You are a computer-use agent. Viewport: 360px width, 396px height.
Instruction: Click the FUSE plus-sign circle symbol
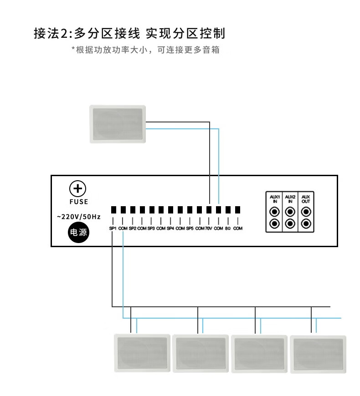[x=77, y=188]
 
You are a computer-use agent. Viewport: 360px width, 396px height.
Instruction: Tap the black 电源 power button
[x=78, y=232]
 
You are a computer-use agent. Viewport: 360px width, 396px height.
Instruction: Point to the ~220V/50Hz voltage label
[x=79, y=217]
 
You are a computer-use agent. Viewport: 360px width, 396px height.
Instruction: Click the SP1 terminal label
[x=113, y=228]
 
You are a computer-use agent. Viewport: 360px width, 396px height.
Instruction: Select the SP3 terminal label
[x=151, y=228]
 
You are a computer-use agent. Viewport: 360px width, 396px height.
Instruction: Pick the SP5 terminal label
[x=190, y=228]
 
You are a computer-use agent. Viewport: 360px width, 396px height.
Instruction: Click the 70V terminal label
[x=209, y=228]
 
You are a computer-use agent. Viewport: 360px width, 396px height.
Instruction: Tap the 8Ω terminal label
[x=228, y=228]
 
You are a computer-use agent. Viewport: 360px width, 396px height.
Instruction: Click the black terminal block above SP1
[x=113, y=210]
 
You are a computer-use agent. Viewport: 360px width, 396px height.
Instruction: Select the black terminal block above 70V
[x=209, y=210]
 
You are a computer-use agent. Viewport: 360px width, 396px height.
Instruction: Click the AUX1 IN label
[x=275, y=199]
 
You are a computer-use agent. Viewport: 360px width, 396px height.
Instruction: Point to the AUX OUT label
[x=306, y=199]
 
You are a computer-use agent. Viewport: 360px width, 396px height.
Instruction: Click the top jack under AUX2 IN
[x=290, y=212]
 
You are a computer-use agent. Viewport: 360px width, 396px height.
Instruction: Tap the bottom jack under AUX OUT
[x=306, y=223]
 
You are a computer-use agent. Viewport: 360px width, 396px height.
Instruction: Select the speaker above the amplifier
[x=118, y=124]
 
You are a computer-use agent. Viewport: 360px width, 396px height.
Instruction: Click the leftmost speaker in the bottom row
[x=142, y=353]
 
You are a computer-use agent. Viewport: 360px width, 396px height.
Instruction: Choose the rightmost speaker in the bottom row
[x=318, y=354]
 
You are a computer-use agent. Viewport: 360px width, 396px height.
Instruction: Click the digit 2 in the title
[x=63, y=34]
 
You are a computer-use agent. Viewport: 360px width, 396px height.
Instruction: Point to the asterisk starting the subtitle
[x=73, y=48]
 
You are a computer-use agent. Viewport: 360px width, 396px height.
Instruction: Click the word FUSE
[x=79, y=202]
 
